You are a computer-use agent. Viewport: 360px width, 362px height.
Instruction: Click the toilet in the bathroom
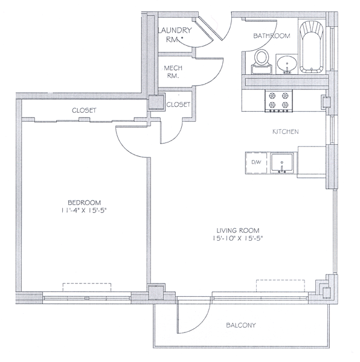pos(262,62)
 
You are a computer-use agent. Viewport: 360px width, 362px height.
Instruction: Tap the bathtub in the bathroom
pos(311,47)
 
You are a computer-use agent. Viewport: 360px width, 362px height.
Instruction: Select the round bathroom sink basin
pos(287,64)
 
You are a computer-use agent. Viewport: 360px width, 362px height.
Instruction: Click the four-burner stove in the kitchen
pos(278,101)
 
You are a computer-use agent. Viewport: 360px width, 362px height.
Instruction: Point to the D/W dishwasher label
pos(256,162)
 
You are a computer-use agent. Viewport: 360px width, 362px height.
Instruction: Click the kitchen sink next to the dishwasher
pos(282,164)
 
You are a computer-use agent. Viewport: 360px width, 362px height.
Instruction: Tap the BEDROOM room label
pos(85,203)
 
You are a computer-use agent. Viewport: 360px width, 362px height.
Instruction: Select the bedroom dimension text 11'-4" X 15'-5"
pos(85,211)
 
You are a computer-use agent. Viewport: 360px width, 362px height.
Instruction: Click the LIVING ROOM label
pos(238,230)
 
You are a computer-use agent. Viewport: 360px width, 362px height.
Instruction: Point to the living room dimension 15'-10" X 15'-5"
pos(238,238)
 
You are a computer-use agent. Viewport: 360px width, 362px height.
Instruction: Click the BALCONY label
pos(241,325)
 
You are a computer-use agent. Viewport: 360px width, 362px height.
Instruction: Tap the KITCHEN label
pos(286,132)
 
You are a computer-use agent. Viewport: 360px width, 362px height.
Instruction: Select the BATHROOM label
pos(272,36)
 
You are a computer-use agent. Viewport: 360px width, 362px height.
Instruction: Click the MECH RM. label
pos(173,72)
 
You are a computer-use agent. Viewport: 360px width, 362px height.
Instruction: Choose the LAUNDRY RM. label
pos(175,34)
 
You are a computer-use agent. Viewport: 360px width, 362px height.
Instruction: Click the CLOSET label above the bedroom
pos(84,110)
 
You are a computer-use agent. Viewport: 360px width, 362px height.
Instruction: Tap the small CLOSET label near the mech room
pos(178,104)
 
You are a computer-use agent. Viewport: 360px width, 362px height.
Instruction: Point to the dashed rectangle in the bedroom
pos(87,287)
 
